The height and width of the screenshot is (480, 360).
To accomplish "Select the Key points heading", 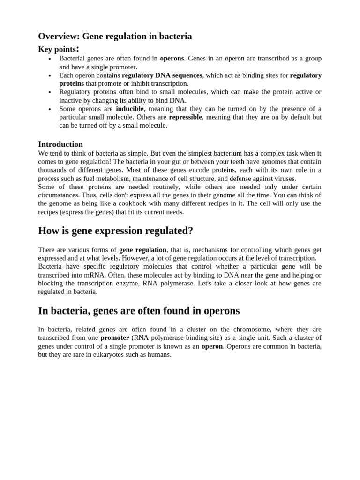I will [58, 49].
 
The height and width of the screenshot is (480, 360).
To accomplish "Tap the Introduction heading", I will [60, 144].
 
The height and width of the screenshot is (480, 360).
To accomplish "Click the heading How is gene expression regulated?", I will [115, 231].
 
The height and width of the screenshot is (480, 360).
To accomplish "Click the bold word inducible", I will [130, 109].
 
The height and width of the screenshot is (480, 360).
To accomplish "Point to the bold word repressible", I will [185, 117].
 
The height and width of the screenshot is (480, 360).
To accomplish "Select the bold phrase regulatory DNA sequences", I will [162, 75].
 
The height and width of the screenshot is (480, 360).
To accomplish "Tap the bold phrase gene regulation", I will [142, 250].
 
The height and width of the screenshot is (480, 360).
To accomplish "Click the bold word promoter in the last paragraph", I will [114, 338].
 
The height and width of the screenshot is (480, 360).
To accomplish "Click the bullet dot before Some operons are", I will [49, 109].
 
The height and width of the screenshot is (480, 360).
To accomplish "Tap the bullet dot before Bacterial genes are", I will [49, 59].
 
